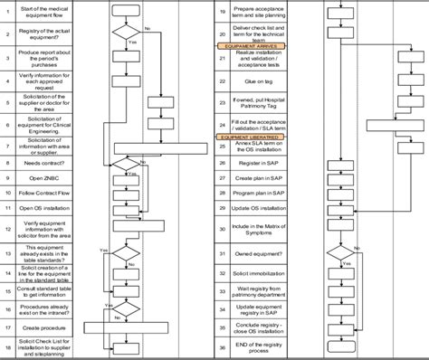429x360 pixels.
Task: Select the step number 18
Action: pos(7,347)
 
